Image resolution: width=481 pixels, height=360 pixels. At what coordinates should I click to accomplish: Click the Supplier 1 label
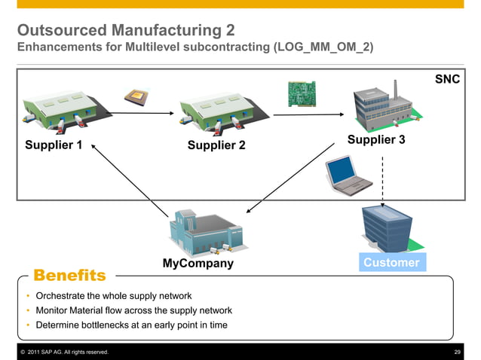pos(54,145)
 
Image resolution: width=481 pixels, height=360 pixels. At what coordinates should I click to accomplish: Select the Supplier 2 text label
pos(216,145)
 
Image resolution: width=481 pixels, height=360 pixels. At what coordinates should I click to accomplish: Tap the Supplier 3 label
pos(376,140)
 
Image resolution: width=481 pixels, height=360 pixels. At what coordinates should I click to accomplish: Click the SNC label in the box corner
pos(447,79)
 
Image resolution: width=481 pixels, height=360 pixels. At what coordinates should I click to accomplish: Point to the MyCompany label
pos(198,264)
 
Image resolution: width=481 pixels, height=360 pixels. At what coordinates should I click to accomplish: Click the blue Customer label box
pos(391,262)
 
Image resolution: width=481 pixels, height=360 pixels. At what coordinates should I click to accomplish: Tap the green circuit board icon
pos(300,93)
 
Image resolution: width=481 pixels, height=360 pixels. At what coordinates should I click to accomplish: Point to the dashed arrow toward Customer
pos(383,181)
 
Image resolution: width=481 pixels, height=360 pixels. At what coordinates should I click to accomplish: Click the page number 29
pos(457,352)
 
